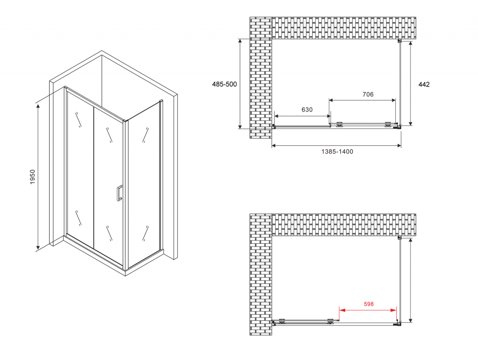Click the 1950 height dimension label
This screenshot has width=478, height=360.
tap(33, 177)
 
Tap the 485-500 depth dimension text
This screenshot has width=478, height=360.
tap(224, 84)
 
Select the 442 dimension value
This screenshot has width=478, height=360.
tap(424, 85)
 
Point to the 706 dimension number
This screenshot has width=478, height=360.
tap(368, 95)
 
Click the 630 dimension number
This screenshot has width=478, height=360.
tap(307, 110)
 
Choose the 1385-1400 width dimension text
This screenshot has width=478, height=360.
tap(337, 152)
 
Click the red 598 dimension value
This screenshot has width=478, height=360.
tap(369, 304)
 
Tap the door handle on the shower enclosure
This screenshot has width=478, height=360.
tap(119, 193)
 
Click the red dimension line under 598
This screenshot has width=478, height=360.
tap(368, 310)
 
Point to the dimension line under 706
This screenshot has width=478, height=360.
tap(362, 100)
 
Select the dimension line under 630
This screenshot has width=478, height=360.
tap(303, 116)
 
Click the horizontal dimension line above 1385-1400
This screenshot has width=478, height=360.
tap(336, 146)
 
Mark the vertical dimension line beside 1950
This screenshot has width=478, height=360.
tap(38, 176)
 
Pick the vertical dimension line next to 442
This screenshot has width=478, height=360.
tap(411, 83)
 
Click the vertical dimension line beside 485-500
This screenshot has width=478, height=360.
tap(240, 84)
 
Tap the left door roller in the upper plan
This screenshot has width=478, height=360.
tap(339, 124)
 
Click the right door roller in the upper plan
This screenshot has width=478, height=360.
tap(388, 124)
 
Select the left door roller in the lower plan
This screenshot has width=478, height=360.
tap(282, 320)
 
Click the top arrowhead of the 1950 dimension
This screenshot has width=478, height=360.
tap(38, 106)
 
